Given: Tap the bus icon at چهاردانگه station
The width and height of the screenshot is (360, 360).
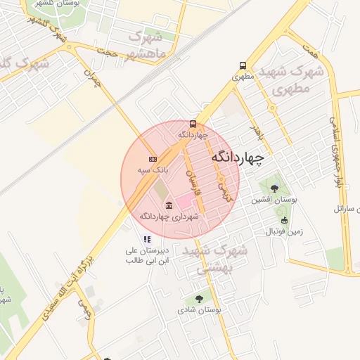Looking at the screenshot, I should [x=193, y=124].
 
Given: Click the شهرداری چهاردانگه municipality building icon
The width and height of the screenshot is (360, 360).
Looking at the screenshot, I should [x=169, y=205].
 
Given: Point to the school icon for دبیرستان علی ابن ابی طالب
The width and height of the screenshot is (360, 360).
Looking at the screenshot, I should [x=147, y=239].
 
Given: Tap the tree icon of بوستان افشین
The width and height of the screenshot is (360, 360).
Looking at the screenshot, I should [x=274, y=188].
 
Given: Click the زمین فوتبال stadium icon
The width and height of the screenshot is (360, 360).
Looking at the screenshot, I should [x=285, y=220].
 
